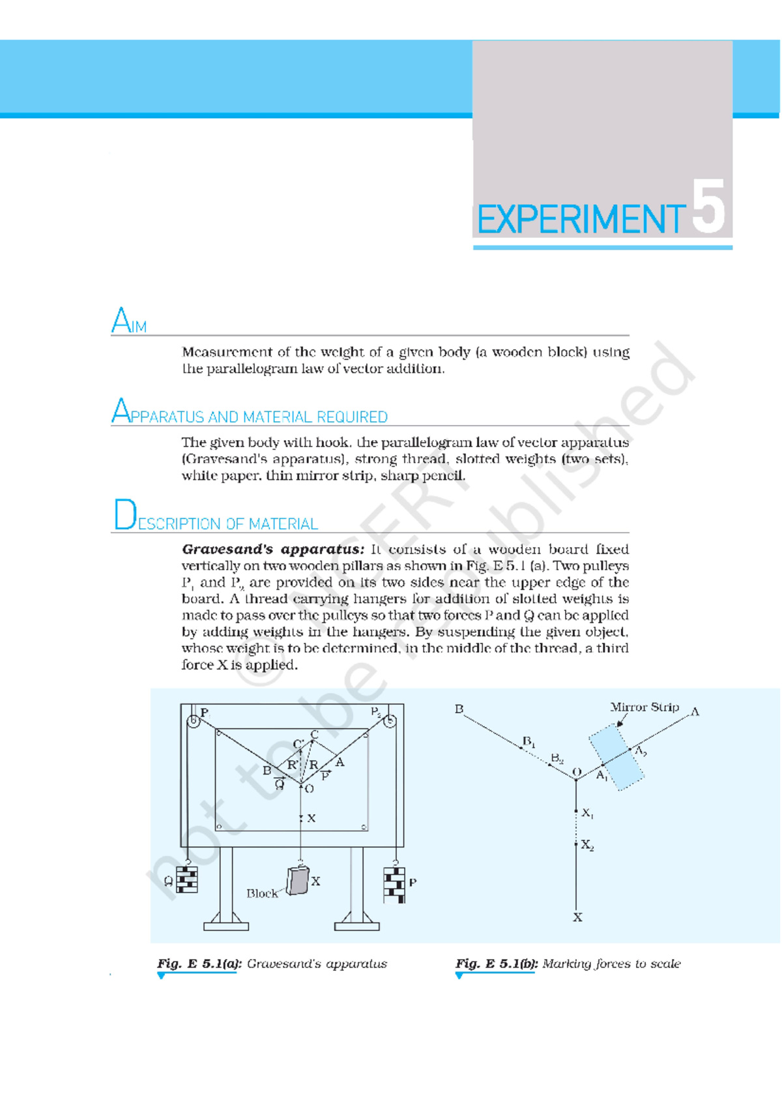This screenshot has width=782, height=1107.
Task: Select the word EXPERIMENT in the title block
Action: pos(581,220)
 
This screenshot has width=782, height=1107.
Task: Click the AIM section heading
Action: pos(129,321)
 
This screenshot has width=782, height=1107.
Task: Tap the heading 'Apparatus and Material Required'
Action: pos(250,413)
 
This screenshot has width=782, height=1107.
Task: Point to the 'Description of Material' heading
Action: pos(216,518)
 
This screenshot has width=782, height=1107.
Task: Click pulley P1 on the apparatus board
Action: pos(194,722)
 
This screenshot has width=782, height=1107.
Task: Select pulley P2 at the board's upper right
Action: pos(390,722)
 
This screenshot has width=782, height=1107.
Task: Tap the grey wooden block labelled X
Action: pos(298,880)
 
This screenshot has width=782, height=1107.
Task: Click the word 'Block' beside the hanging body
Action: pos(261,894)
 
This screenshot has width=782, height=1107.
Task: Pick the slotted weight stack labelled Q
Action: pos(187,879)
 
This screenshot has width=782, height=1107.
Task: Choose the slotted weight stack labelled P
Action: pos(394,884)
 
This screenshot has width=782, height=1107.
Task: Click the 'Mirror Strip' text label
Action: pos(644,707)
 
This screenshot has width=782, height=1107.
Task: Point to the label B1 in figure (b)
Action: pos(529,743)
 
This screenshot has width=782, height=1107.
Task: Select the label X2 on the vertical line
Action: pos(587,846)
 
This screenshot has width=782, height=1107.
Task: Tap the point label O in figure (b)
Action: pos(576,772)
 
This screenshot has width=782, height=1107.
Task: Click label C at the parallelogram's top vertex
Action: pos(314,735)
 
